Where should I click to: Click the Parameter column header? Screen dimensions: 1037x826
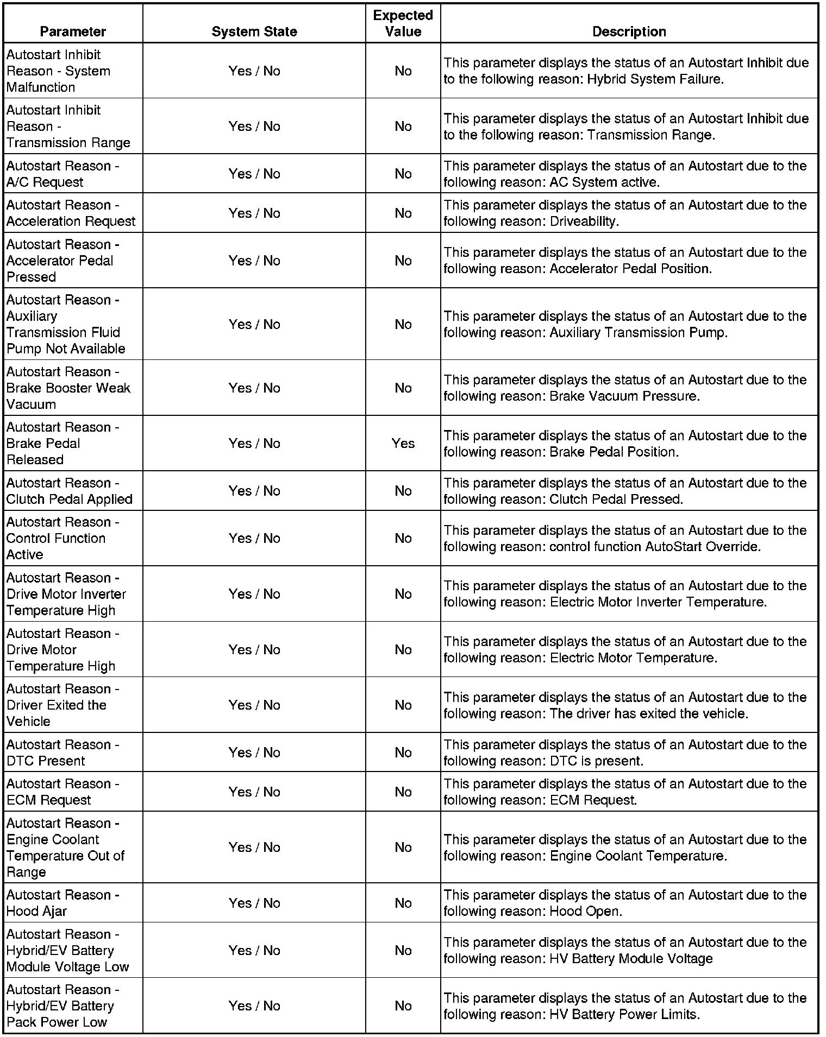[x=73, y=31]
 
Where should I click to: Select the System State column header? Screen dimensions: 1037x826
[x=254, y=31]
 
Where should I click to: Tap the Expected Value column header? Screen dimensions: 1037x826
[x=403, y=23]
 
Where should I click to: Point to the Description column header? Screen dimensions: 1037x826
[x=629, y=31]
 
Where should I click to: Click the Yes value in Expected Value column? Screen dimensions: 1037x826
[x=403, y=444]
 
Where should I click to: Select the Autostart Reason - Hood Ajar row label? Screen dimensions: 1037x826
[x=62, y=903]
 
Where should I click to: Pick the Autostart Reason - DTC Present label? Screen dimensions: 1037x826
[x=62, y=753]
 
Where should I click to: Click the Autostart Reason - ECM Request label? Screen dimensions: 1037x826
[x=62, y=792]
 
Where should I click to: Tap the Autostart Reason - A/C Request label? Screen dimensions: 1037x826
[x=62, y=174]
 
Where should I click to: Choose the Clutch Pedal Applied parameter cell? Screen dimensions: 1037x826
[x=69, y=491]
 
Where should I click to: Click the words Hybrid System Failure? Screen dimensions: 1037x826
[x=655, y=79]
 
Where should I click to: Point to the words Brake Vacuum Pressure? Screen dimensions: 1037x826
[x=624, y=396]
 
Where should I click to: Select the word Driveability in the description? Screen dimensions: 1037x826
[x=584, y=222]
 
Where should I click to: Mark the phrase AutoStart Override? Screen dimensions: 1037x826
[x=702, y=547]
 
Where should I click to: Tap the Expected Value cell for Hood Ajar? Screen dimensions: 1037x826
[x=403, y=903]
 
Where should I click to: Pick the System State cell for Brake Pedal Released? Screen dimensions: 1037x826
[x=254, y=444]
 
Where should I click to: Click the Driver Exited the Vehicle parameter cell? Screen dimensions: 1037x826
[x=62, y=705]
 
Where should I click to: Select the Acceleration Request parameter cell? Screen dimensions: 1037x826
[x=71, y=213]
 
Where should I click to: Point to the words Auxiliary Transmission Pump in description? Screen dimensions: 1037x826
[x=637, y=333]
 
